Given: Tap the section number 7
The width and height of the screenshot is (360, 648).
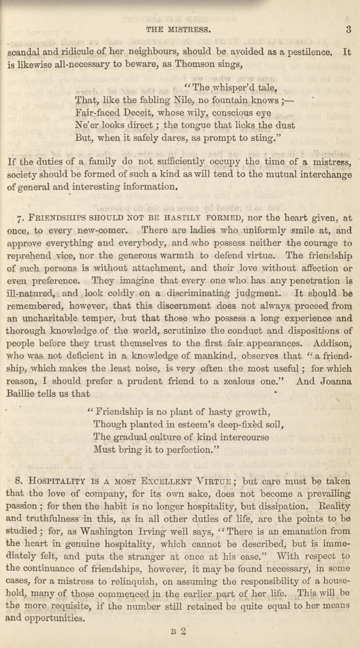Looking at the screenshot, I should pos(18,219).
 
